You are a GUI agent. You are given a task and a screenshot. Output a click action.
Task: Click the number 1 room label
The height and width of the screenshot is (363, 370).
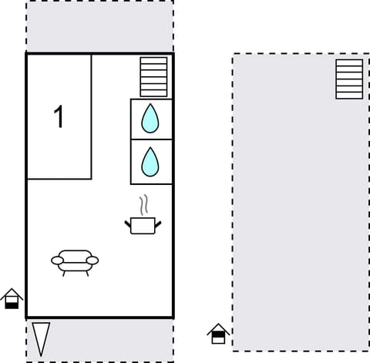pyautogui.click(x=59, y=118)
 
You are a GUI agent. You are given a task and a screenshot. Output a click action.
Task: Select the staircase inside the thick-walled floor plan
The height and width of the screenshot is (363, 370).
pyautogui.click(x=153, y=77)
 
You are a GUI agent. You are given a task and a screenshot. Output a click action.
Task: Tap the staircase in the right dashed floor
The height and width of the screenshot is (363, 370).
pyautogui.click(x=349, y=79)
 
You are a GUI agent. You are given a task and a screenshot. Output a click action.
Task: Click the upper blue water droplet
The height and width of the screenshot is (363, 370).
pyautogui.click(x=150, y=119)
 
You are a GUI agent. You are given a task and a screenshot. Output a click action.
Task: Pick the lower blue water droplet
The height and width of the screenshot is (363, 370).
pyautogui.click(x=150, y=162)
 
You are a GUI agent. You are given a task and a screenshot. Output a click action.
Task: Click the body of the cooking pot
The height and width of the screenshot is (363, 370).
pyautogui.click(x=143, y=226)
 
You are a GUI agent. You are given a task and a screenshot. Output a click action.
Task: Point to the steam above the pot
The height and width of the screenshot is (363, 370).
pyautogui.click(x=143, y=205)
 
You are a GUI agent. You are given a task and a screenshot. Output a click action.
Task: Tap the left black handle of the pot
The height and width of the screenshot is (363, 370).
pyautogui.click(x=127, y=224)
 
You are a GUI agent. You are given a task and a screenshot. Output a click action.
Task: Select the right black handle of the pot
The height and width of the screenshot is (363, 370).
pyautogui.click(x=159, y=224)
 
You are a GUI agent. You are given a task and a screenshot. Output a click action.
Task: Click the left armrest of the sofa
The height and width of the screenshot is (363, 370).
pyautogui.click(x=57, y=260)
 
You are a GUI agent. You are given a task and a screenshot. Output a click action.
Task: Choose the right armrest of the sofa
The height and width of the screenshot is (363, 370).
pyautogui.click(x=92, y=260)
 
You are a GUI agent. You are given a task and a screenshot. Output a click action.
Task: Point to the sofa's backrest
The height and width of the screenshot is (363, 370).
pyautogui.click(x=75, y=254)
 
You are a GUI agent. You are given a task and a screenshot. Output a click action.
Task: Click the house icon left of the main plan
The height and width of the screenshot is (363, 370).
pyautogui.click(x=12, y=298)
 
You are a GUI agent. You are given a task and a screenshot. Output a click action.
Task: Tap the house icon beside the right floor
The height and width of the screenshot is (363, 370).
pyautogui.click(x=218, y=333)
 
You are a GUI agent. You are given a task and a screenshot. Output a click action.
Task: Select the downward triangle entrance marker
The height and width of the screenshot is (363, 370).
pyautogui.click(x=41, y=337)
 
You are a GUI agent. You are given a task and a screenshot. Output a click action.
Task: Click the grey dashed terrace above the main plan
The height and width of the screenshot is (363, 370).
pyautogui.click(x=99, y=26)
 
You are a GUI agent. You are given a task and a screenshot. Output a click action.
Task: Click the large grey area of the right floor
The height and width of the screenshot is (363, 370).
pyautogui.click(x=293, y=216)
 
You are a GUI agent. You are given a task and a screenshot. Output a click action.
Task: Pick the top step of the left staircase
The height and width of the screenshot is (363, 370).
pyautogui.click(x=153, y=60)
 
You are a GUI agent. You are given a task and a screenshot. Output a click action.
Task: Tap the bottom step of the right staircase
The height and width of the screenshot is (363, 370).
pyautogui.click(x=349, y=95)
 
